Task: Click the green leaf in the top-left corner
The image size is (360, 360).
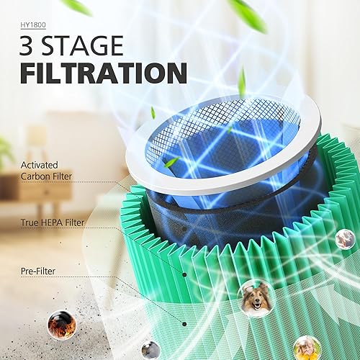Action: coord(78,6)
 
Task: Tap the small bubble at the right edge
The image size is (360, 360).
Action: coord(345,239)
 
